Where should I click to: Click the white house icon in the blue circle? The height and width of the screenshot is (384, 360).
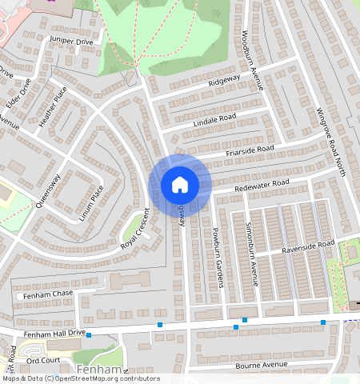coord(180,185)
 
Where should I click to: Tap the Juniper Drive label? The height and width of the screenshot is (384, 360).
coord(71,40)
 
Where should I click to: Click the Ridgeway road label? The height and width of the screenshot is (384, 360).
coord(224,81)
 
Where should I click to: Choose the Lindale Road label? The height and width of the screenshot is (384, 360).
coord(214,120)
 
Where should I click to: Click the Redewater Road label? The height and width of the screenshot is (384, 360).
coord(260,185)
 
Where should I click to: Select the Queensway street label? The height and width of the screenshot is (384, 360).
coord(48,191)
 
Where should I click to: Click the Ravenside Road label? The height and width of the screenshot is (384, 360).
coord(306,246)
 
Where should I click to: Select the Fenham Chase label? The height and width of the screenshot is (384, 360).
coord(49,295)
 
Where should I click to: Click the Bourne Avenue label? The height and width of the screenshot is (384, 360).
coord(261,366)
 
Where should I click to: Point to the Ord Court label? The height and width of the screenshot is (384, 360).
coord(43,360)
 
